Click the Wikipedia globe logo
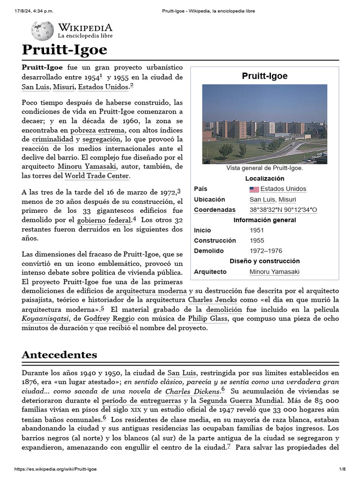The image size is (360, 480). point(42,31)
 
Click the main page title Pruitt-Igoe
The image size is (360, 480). point(64,50)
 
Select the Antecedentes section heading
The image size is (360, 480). point(59,354)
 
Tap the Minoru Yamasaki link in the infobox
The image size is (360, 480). point(274,271)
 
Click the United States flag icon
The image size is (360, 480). point(254,189)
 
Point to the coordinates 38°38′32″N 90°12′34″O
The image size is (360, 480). point(283,210)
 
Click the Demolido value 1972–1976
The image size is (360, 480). point(266,251)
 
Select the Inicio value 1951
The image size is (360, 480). point(256,230)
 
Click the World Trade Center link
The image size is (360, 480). point(96,176)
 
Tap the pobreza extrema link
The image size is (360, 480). point(97,130)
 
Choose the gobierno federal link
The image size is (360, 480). point(104,219)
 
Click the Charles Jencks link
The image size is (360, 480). point(213,299)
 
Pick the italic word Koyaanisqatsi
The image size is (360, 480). point(45,319)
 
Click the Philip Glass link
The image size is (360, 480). point(208,319)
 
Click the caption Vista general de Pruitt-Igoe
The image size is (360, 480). point(264,168)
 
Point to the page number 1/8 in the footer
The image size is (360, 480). point(342,469)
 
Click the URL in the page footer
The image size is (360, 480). point(56,469)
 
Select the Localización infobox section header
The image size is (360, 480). point(264,179)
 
